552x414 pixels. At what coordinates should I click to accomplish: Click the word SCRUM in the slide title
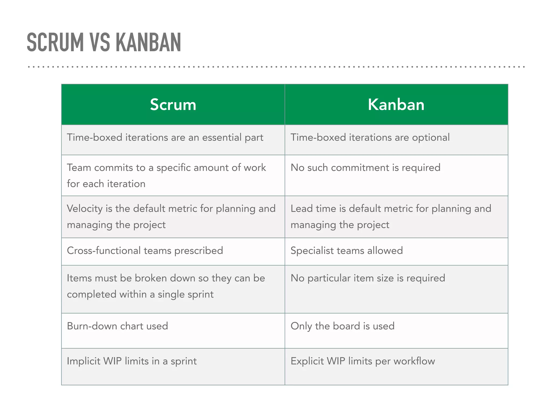55,42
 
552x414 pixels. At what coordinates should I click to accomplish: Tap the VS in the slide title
100,42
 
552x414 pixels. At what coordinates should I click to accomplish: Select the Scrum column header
173,105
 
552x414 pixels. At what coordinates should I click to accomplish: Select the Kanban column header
396,105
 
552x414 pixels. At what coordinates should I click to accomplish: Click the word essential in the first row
222,137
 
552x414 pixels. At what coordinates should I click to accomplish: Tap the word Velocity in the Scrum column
85,209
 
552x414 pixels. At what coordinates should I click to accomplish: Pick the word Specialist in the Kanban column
312,251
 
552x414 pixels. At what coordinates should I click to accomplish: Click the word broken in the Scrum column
151,278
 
